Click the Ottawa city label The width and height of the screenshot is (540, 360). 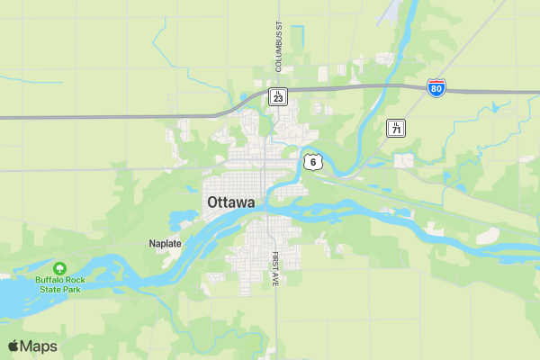[231, 202]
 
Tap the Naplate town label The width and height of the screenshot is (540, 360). [166, 243]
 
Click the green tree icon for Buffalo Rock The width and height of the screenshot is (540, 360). [59, 269]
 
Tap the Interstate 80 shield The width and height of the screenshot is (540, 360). [436, 88]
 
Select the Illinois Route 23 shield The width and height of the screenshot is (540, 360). [279, 96]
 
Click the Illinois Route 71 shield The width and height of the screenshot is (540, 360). [396, 129]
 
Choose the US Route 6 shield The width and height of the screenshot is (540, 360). [311, 161]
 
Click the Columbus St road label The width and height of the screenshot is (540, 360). [279, 46]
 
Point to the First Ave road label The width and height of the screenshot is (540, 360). [275, 268]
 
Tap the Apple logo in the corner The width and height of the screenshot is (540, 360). [13, 346]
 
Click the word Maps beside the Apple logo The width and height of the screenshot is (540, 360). [39, 346]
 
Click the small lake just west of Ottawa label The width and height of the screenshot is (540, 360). [179, 219]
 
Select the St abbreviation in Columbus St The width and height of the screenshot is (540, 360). [279, 26]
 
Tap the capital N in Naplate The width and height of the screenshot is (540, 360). [152, 243]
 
